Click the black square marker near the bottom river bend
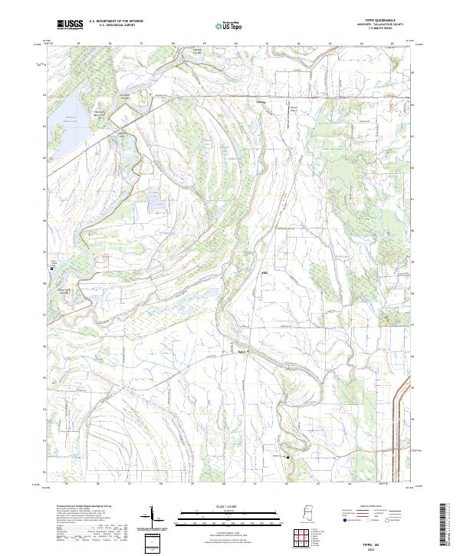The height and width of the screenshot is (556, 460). [287, 458]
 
